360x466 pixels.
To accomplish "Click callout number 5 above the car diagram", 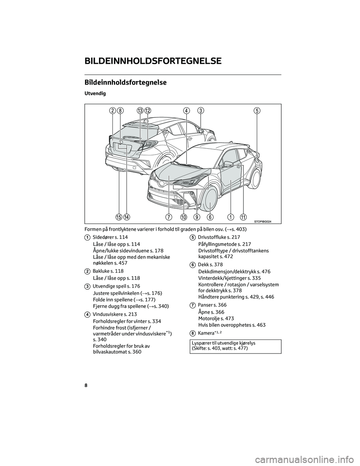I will [x=256, y=110].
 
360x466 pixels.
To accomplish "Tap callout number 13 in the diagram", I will [x=140, y=110].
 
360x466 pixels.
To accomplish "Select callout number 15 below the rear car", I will [x=119, y=217].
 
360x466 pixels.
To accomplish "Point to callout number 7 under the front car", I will [x=169, y=217].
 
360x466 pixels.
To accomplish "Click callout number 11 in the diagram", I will [x=244, y=217].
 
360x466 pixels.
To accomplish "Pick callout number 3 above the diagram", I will [x=201, y=110].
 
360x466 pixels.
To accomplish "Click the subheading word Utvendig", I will [x=95, y=93].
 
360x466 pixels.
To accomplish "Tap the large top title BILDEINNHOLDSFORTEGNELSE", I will [x=153, y=61].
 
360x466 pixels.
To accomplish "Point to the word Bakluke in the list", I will [x=100, y=271].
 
